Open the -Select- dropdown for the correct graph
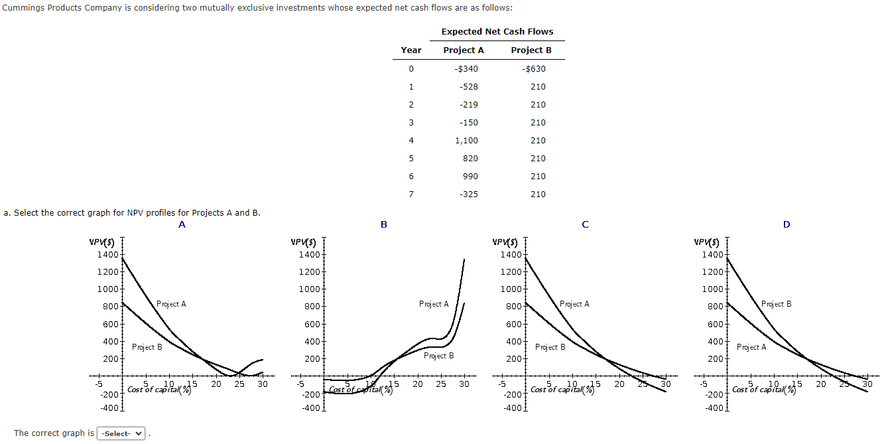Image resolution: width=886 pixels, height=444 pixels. click(x=122, y=433)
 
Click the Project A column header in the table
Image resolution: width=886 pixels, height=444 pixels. click(x=464, y=50)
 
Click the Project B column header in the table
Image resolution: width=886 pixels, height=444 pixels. click(x=531, y=50)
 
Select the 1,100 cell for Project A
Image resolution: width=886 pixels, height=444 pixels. click(x=466, y=140)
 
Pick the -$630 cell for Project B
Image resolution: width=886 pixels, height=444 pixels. click(x=534, y=68)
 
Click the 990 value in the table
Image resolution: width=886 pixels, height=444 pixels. click(x=471, y=176)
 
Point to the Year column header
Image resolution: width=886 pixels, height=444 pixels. click(x=411, y=50)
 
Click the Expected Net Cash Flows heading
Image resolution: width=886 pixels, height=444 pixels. click(x=497, y=31)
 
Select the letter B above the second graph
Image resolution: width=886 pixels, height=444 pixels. click(x=384, y=224)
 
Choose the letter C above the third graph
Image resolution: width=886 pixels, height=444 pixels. click(x=585, y=224)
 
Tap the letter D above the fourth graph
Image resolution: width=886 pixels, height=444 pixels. click(x=787, y=224)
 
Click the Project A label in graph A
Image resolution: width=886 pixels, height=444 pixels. click(x=171, y=304)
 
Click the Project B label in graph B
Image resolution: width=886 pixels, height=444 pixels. click(x=438, y=356)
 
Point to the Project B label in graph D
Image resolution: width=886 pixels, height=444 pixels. click(x=776, y=304)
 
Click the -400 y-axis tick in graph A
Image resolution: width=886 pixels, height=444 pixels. click(x=109, y=407)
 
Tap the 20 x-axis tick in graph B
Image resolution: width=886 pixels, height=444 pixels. click(x=418, y=384)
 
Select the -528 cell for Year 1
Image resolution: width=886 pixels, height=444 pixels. click(x=468, y=86)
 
